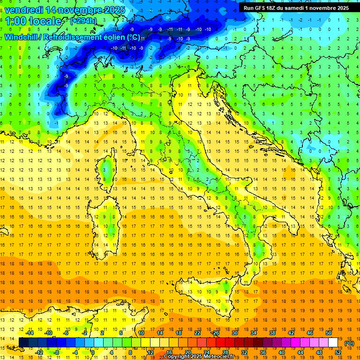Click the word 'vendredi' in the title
coord(23,9)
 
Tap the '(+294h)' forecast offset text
coord(84,21)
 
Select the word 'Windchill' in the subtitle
coord(22,37)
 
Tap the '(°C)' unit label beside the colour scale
coord(349,343)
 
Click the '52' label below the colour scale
coord(338,352)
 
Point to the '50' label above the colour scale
coord(328,333)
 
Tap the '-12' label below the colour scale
coord(39,352)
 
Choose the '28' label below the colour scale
coord(225,352)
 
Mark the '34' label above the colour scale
coord(254,333)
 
